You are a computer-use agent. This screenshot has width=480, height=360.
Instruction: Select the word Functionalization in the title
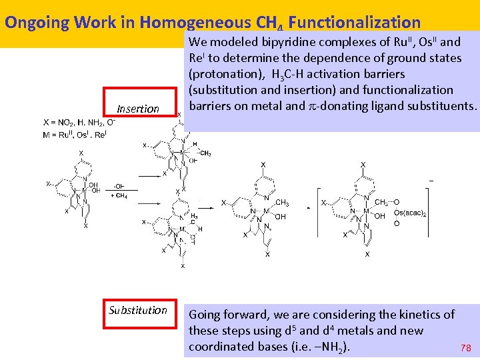(x=355, y=22)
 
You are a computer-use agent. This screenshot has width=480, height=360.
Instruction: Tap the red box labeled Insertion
(x=138, y=109)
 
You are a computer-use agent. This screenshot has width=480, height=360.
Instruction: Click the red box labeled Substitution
(x=138, y=310)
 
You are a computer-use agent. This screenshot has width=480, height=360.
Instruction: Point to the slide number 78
(x=466, y=348)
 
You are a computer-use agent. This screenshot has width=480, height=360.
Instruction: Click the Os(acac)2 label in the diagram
(x=411, y=213)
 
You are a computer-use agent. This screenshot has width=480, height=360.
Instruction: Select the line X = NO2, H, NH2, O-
(x=79, y=123)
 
